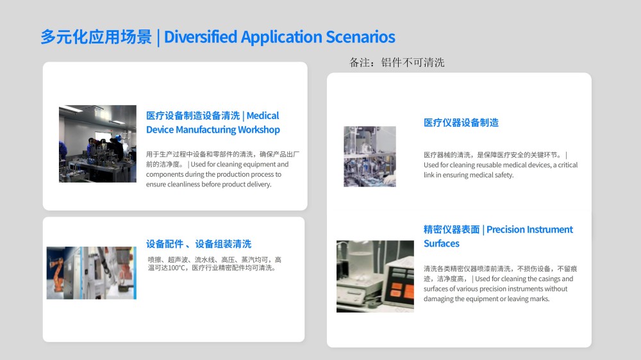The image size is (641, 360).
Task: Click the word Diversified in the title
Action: coord(200,37)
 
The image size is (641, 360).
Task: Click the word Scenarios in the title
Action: coord(360,37)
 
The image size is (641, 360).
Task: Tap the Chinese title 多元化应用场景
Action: coord(96,37)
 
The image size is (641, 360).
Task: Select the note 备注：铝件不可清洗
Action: coord(397,63)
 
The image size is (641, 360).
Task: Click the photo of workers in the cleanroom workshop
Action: coord(97,143)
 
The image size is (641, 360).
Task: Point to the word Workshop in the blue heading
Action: coord(259,129)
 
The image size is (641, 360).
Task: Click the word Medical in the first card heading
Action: coord(262,116)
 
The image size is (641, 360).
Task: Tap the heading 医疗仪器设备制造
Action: coord(461,122)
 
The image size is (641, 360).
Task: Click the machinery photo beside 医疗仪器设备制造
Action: coord(370,156)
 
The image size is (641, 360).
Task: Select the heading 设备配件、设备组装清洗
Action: coord(199,244)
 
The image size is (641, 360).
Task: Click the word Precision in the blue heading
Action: coord(506,230)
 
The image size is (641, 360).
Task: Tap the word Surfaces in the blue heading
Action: coord(442,243)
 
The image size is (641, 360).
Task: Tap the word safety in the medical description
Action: coord(504,175)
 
